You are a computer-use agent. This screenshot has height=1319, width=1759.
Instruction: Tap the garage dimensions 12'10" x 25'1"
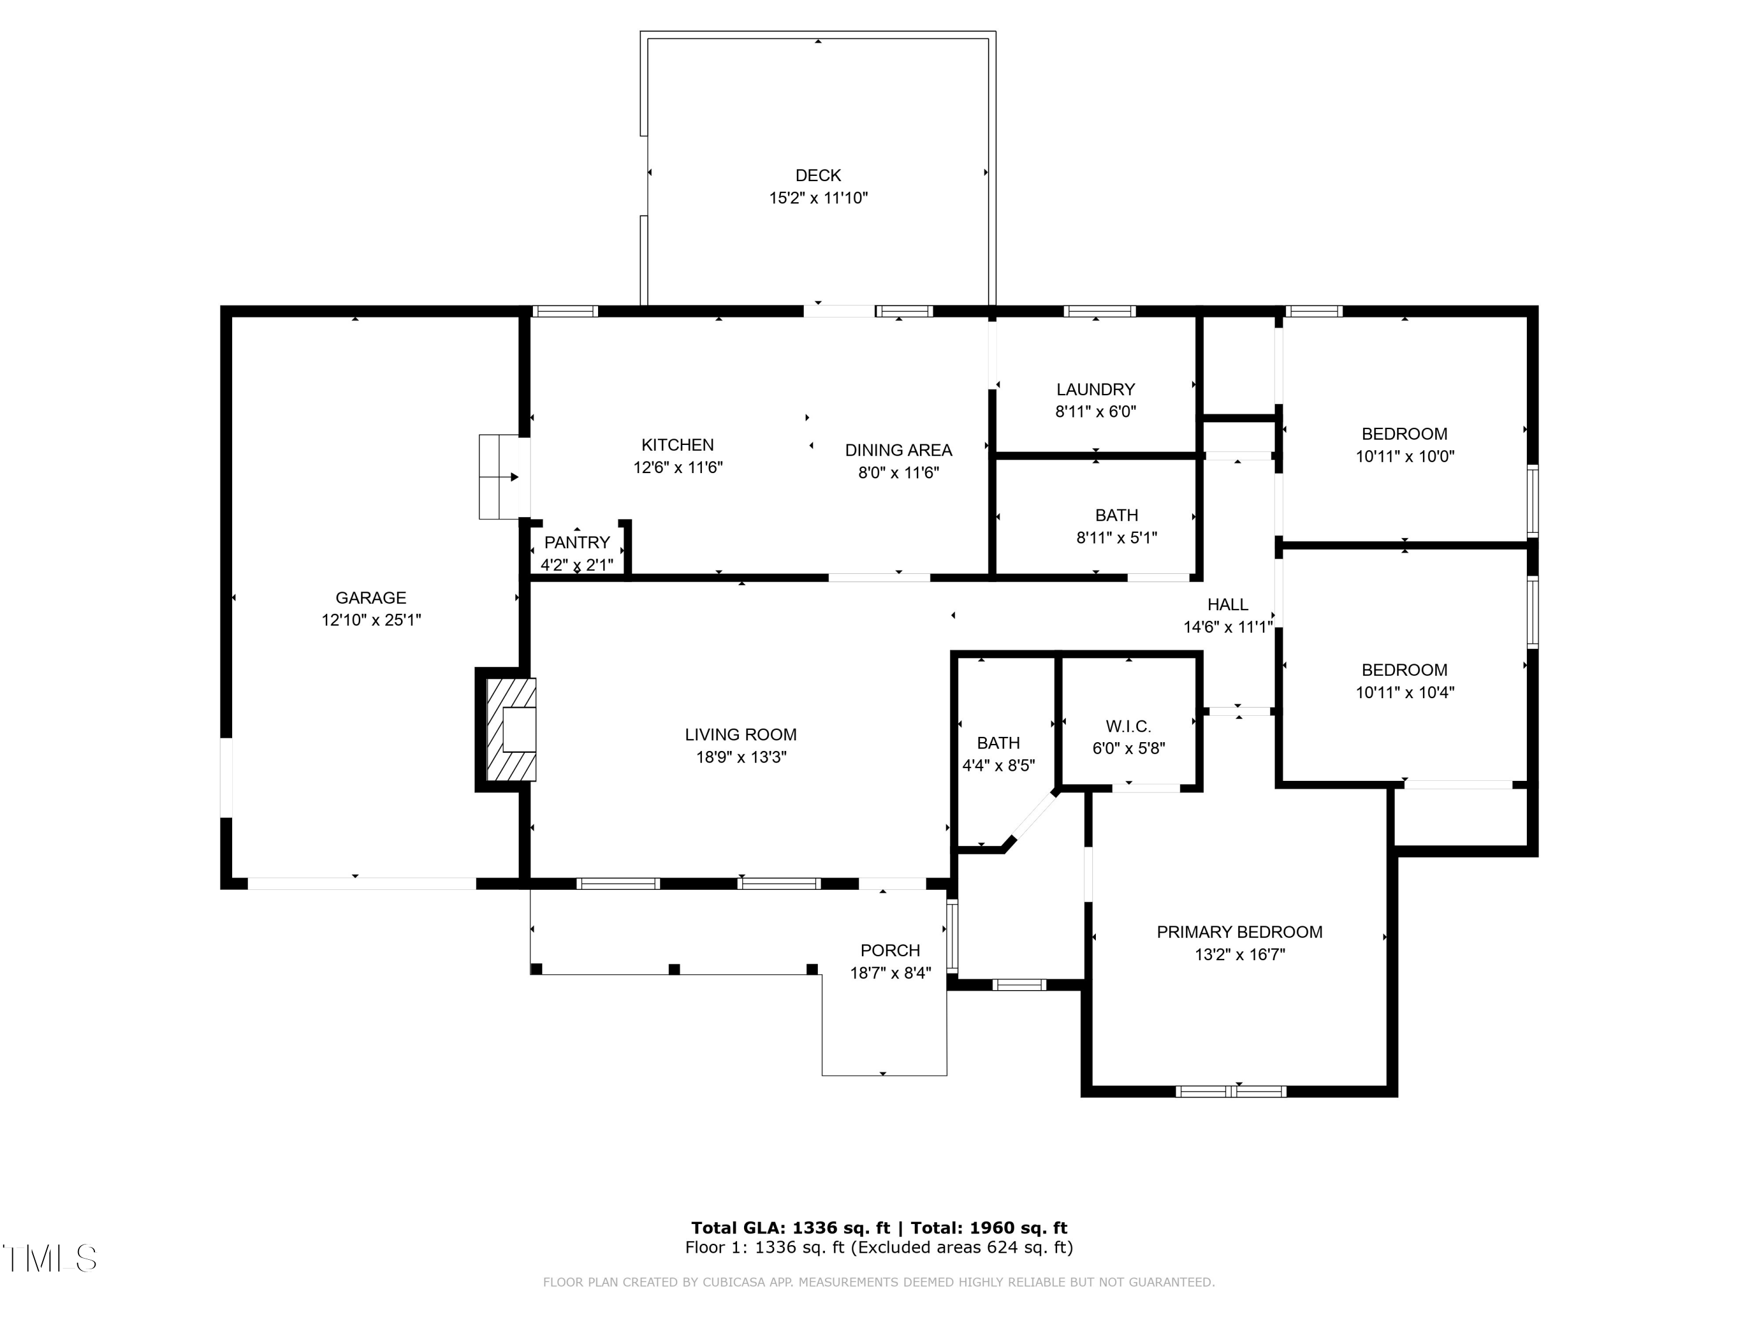[x=371, y=620]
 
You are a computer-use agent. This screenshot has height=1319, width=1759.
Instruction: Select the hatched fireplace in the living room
[x=511, y=729]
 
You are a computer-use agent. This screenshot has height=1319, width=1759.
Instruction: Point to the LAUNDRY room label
[x=1095, y=390]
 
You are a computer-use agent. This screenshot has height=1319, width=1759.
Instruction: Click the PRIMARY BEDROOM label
[x=1239, y=932]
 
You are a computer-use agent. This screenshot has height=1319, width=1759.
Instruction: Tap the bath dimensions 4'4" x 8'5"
[x=998, y=766]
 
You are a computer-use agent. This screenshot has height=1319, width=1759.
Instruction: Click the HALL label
[x=1227, y=604]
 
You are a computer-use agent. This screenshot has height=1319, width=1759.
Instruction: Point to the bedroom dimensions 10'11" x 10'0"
[x=1404, y=456]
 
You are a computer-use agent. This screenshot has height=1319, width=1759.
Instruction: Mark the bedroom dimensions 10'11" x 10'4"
[x=1404, y=692]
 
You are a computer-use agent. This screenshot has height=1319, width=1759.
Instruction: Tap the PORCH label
[x=890, y=950]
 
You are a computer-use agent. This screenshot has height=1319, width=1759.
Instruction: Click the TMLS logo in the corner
[x=50, y=1258]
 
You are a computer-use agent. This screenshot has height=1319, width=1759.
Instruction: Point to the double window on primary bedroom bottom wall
[x=1230, y=1092]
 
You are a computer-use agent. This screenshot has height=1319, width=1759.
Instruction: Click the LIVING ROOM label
[x=741, y=735]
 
